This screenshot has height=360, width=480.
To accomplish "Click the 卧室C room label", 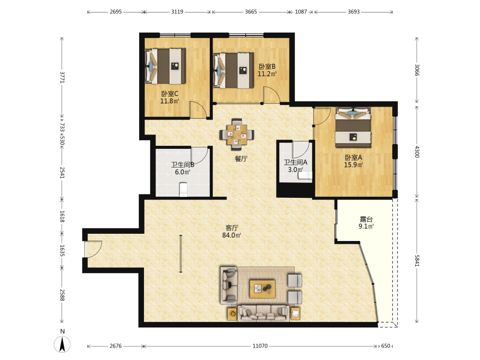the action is click(x=169, y=94).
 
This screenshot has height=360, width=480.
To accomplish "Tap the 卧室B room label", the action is click(x=267, y=66).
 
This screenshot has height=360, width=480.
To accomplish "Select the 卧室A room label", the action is click(x=354, y=157).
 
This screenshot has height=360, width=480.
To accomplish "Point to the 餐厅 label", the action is click(x=241, y=159).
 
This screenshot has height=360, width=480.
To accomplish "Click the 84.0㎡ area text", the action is click(x=232, y=235).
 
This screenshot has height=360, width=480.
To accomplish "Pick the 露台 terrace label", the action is click(x=366, y=219).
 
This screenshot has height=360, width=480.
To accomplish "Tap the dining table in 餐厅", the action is click(x=237, y=134).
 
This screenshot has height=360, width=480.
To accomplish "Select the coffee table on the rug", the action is click(x=263, y=288).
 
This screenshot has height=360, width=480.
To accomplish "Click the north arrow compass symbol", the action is click(x=62, y=344).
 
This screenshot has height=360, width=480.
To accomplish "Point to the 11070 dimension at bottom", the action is click(x=260, y=346).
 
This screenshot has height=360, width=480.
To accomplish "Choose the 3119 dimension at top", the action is click(x=177, y=12).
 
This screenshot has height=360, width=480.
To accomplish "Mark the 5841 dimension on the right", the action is click(x=417, y=261).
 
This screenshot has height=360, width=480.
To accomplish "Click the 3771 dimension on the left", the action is click(x=62, y=77).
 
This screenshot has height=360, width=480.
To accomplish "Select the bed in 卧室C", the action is click(x=165, y=66).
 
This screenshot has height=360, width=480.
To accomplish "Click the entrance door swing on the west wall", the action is click(x=94, y=249).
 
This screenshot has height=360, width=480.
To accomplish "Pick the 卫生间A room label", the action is click(x=295, y=163).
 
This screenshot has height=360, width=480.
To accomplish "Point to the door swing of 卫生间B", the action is click(x=200, y=155).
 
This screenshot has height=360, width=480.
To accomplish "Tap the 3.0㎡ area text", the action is click(x=295, y=169).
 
